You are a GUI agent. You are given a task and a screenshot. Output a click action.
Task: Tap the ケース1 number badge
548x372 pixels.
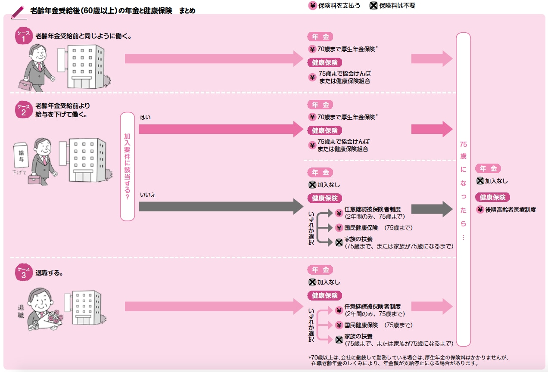23,36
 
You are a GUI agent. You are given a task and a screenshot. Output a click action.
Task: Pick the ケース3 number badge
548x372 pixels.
23,272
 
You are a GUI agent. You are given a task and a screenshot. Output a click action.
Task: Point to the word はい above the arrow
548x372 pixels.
145,117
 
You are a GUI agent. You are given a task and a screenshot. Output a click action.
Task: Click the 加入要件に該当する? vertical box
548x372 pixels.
127,166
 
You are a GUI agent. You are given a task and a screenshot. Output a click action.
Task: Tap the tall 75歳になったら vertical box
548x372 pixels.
463,189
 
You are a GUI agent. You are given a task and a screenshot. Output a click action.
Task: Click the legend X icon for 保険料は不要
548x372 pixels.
373,6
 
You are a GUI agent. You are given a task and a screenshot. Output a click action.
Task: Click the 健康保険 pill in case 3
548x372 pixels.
325,296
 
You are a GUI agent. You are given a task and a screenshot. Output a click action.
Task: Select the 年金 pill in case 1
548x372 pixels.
320,37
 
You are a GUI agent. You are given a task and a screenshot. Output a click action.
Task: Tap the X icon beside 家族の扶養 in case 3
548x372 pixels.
339,340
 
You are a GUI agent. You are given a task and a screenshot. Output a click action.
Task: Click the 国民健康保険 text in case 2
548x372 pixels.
361,228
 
